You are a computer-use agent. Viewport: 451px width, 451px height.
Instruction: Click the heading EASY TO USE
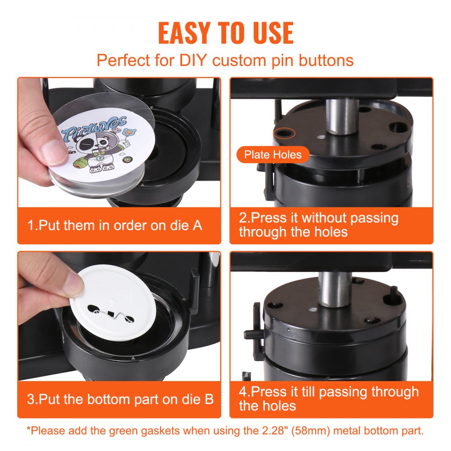(x=225, y=32)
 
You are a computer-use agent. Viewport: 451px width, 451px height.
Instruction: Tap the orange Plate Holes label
(x=272, y=155)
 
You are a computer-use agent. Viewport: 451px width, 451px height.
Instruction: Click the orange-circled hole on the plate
(x=284, y=133)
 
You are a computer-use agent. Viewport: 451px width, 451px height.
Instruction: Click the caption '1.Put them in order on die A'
(x=115, y=225)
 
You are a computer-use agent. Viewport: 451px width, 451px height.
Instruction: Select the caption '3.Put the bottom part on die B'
(x=120, y=399)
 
